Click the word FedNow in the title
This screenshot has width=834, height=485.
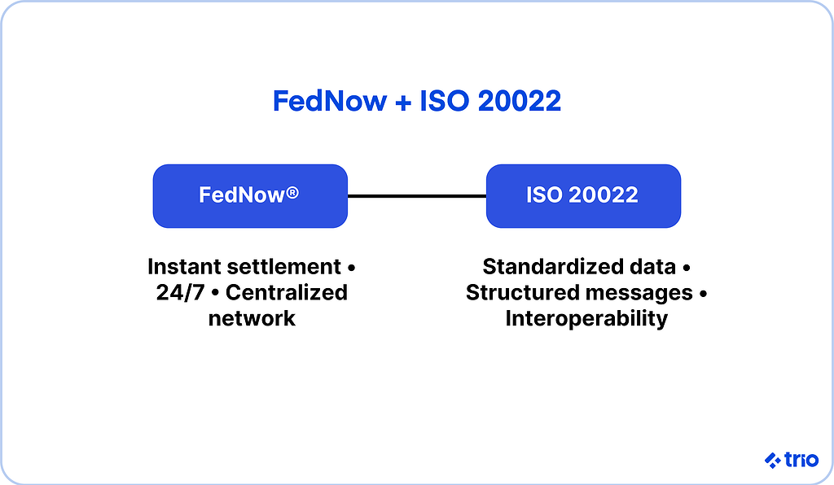pos(330,100)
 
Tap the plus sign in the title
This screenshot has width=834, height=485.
pos(403,102)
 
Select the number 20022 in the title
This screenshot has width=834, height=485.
pos(519,100)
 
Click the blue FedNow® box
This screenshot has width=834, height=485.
pos(250,196)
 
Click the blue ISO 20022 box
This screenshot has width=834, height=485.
pos(583,196)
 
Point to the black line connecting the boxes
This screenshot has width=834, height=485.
pos(417,196)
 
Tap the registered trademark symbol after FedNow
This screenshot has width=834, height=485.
pos(292,192)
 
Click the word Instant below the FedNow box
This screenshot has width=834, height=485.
pos(183,267)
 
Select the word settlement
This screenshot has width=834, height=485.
pos(283,267)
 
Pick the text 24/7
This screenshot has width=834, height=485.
pos(180,293)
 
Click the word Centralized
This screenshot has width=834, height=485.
pos(287,293)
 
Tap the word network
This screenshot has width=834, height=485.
pos(252,319)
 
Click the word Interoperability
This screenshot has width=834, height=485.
pos(586,319)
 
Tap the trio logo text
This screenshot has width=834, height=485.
pos(801,460)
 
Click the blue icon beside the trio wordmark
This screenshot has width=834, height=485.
pos(773,460)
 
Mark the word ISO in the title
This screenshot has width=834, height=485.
pos(445,100)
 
